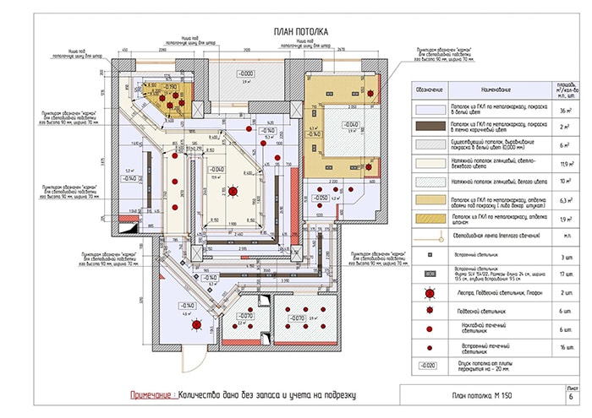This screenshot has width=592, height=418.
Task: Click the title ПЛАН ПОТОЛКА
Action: (295, 31)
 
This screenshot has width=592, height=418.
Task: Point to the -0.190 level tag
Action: (170, 87)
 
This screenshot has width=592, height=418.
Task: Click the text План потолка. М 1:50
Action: (479, 396)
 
